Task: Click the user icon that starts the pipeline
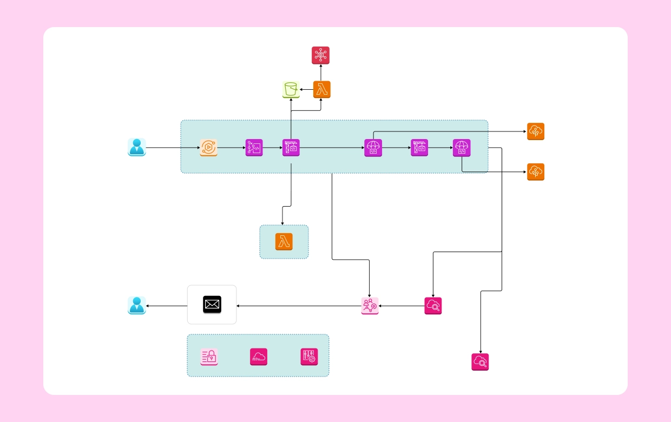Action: click(x=137, y=147)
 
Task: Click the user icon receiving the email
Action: click(x=137, y=306)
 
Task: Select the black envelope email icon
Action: click(x=212, y=305)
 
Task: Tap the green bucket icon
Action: click(x=291, y=89)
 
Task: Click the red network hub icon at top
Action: click(x=321, y=55)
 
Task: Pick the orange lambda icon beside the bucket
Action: click(x=322, y=90)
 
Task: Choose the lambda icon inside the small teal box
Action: click(x=284, y=242)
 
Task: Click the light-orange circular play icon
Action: click(x=209, y=148)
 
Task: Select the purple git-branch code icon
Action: click(x=254, y=148)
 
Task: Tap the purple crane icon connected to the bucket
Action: click(x=291, y=148)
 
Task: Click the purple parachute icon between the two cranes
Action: click(x=373, y=148)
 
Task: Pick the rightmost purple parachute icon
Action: click(x=462, y=148)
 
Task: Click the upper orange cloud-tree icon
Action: click(x=536, y=131)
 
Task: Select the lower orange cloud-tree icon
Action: click(x=536, y=172)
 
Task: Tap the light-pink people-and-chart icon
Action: click(x=370, y=306)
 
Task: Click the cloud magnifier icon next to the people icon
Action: click(x=433, y=306)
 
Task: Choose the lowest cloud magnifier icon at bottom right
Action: click(x=480, y=362)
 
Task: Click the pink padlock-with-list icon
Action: click(x=209, y=357)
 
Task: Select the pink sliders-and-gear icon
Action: click(x=310, y=357)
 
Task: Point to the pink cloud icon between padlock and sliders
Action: click(x=259, y=357)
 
